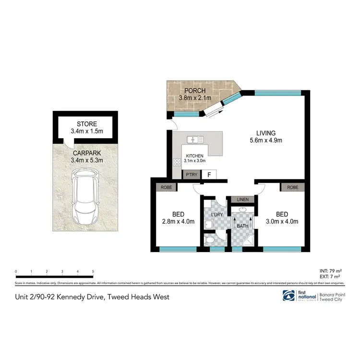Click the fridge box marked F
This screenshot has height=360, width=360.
209,175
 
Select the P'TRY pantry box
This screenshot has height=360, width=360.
190,175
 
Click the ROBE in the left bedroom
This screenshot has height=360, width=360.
166,187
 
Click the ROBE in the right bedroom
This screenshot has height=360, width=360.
292,187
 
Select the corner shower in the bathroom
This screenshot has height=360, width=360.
247,240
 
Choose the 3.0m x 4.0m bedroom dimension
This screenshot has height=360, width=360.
282,221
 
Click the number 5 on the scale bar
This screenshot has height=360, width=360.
93,272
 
